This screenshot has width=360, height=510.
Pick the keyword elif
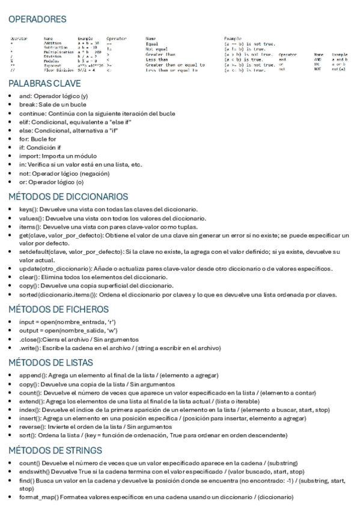24,121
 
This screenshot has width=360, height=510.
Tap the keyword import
28,155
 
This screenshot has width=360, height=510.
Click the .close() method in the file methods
30,339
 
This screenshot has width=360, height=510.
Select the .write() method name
29,348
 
